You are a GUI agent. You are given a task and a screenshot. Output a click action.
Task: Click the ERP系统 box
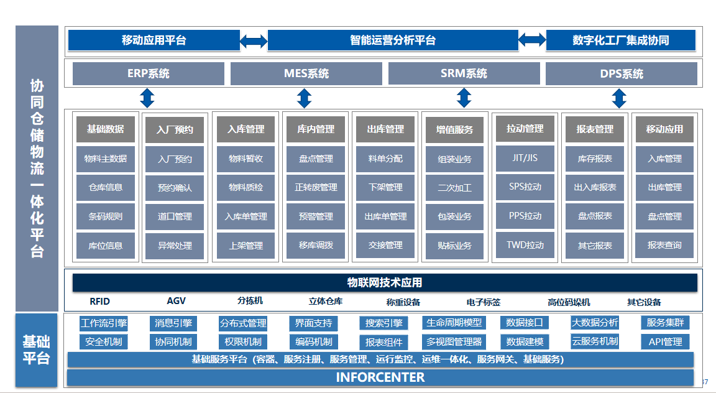pos(149,73)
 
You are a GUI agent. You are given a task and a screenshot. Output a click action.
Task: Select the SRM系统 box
pos(464,73)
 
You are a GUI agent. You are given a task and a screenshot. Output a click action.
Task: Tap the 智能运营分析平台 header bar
pos(393,40)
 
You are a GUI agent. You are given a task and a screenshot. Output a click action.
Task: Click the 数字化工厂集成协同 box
pos(620,40)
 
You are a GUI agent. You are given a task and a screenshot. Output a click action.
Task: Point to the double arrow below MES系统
pos(304,98)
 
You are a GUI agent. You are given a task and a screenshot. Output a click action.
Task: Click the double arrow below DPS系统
pos(619,98)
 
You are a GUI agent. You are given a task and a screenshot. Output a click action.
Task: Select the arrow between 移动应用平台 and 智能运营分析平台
pos(254,41)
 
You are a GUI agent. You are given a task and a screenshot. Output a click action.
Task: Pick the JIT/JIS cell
pos(525,158)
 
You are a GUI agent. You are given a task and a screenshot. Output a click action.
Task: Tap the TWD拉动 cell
pos(525,245)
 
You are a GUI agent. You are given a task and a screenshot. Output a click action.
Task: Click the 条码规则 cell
pos(106,216)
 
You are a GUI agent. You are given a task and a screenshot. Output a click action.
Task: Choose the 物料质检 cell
pos(246,187)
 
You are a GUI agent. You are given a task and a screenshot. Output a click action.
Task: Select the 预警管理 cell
pos(316,216)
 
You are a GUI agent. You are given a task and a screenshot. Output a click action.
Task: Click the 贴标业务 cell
pos(455,246)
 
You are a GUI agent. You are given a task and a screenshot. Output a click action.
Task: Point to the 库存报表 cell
pos(595,159)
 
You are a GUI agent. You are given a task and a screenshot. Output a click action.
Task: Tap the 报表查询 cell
pos(664,245)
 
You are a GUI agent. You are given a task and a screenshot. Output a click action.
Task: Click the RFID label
pos(99,302)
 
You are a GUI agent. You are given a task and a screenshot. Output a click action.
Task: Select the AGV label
pos(177,301)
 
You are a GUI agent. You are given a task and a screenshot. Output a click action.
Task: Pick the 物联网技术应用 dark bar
pos(385,282)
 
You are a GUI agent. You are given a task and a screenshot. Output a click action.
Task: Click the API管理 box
pos(665,341)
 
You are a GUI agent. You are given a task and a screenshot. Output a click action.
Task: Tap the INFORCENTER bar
pos(380,377)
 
